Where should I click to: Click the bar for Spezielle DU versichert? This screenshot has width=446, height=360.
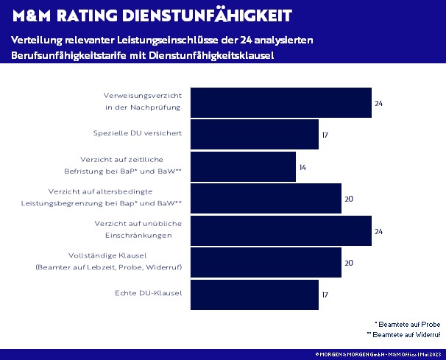click(255, 135)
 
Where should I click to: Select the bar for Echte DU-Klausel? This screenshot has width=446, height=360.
click(255, 294)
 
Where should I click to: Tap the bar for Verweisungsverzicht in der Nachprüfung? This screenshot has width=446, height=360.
click(280, 103)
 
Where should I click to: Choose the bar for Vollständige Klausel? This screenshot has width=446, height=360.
click(266, 263)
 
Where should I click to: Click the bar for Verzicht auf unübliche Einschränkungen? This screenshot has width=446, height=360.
click(280, 230)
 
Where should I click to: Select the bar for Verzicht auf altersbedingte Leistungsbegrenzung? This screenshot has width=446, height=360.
click(266, 199)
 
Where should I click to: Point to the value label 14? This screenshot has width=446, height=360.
click(302, 168)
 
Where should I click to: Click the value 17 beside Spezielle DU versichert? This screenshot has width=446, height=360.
click(325, 135)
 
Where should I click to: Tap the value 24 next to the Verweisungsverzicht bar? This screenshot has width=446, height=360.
click(378, 103)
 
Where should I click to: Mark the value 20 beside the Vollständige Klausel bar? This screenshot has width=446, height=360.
click(350, 263)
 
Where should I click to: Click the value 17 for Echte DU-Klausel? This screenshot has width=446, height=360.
click(325, 294)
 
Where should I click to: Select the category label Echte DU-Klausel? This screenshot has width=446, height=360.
click(148, 294)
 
